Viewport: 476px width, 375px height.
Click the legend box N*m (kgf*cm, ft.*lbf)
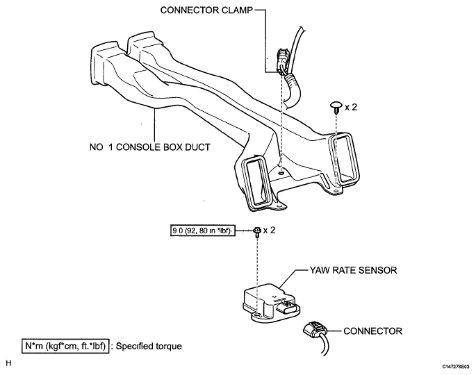point(64,345)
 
